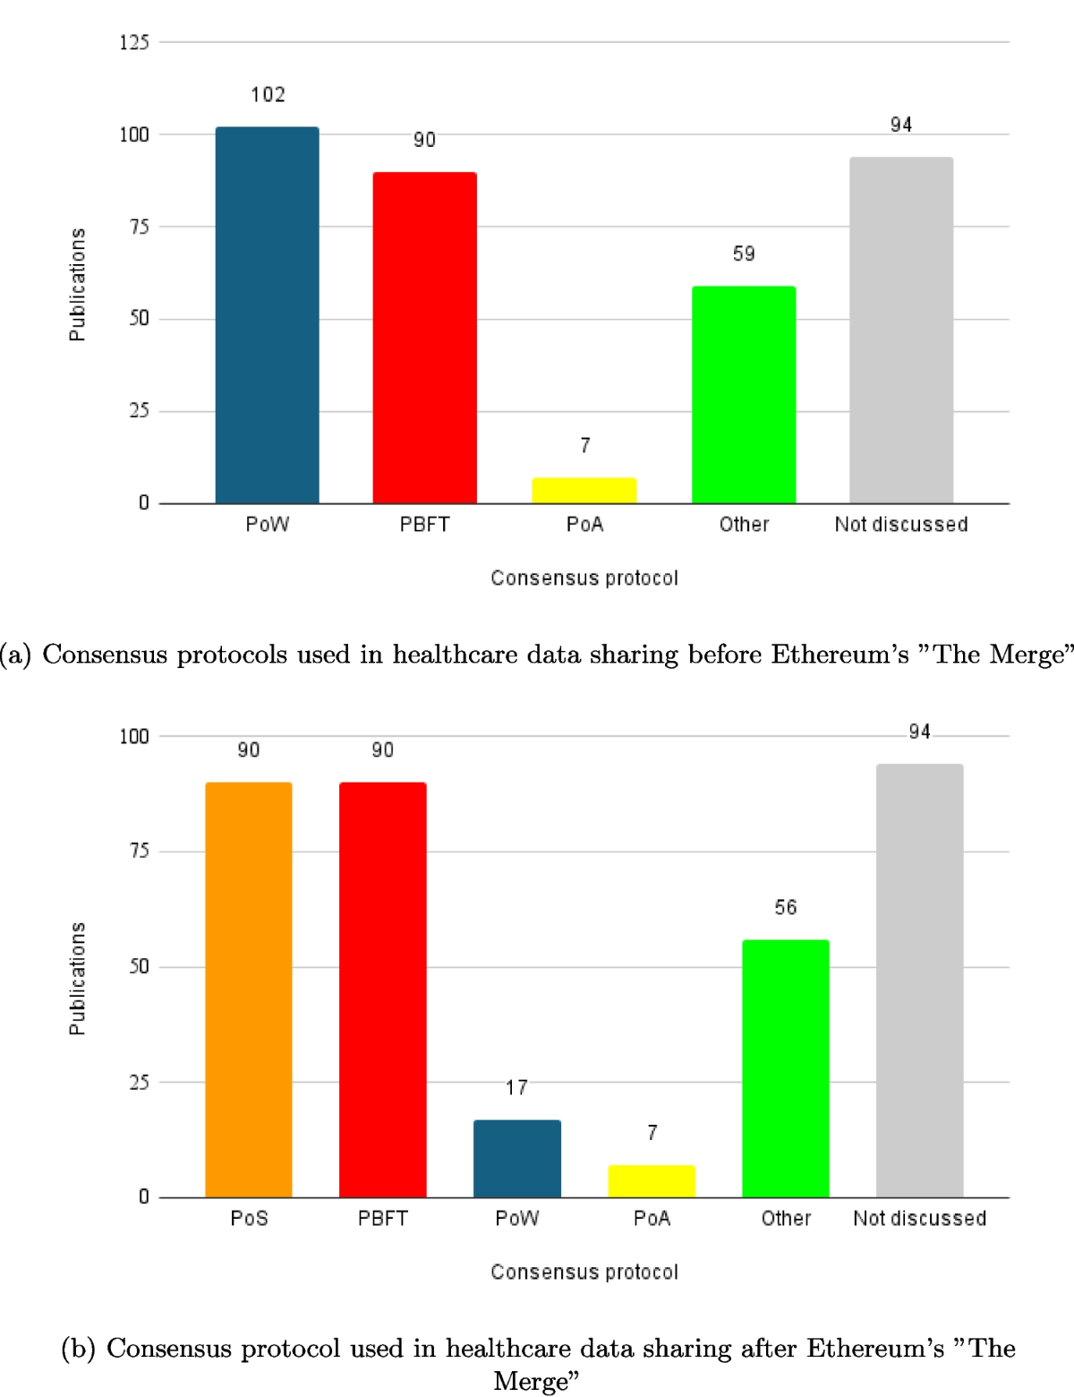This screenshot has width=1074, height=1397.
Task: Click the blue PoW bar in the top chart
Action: pyautogui.click(x=267, y=315)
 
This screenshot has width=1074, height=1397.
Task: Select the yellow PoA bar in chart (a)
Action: pyautogui.click(x=584, y=491)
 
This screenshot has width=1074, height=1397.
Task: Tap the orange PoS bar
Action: pyautogui.click(x=249, y=990)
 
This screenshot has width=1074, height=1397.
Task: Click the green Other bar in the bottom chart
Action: pyautogui.click(x=786, y=1068)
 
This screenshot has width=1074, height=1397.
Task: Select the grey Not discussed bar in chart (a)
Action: pyautogui.click(x=901, y=330)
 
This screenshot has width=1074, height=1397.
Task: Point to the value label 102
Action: pyautogui.click(x=268, y=95)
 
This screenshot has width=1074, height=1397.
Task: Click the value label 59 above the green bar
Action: pyautogui.click(x=744, y=254)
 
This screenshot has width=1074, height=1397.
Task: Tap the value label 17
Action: pyautogui.click(x=516, y=1088)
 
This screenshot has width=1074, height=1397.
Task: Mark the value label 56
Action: pyautogui.click(x=786, y=908)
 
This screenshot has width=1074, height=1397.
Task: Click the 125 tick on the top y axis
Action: pyautogui.click(x=134, y=42)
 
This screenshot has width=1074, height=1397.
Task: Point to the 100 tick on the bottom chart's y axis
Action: pyautogui.click(x=134, y=736)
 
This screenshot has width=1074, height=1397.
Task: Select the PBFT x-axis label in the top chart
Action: pyautogui.click(x=424, y=525)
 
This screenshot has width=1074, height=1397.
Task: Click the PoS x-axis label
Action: pyautogui.click(x=249, y=1219)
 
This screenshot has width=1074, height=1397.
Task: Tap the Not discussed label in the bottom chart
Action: pyautogui.click(x=919, y=1219)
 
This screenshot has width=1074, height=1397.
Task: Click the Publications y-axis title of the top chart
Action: pyautogui.click(x=78, y=284)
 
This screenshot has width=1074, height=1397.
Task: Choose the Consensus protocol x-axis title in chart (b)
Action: pyautogui.click(x=584, y=1273)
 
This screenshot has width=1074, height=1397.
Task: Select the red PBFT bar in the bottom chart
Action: pyautogui.click(x=383, y=990)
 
